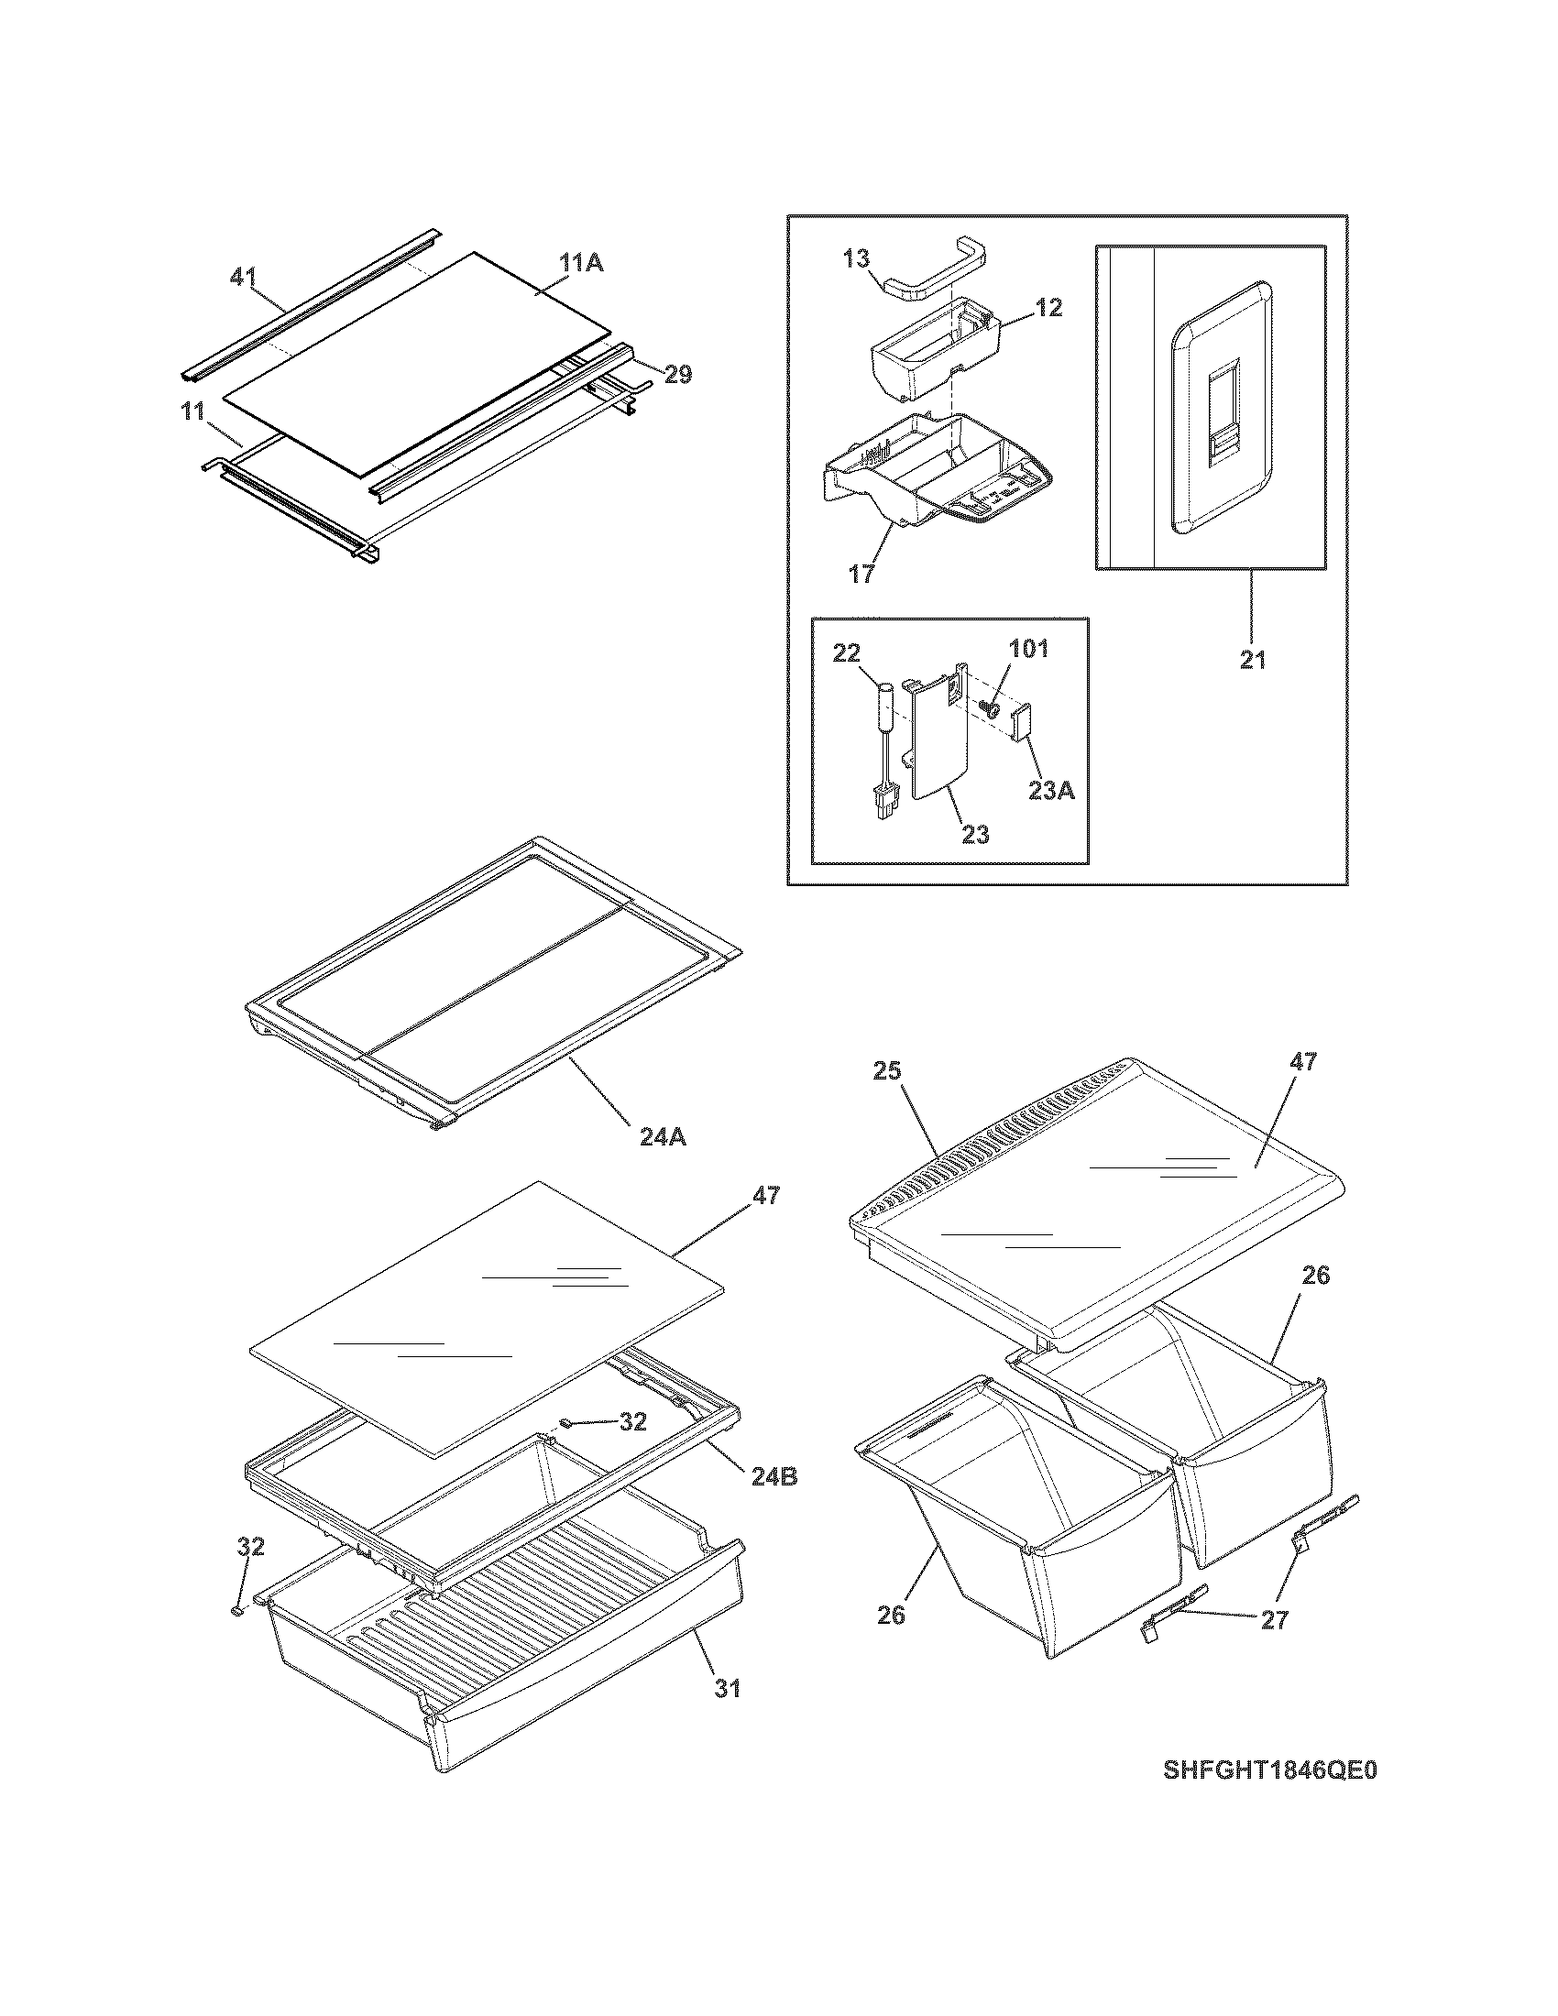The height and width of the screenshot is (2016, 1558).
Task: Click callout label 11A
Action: coord(580,263)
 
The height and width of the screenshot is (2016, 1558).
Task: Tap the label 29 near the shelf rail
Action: coord(678,374)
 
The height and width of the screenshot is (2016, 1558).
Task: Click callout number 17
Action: coord(861,574)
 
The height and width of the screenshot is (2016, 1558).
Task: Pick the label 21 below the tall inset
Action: coord(1253,660)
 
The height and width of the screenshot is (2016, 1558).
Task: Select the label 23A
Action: coord(1051,790)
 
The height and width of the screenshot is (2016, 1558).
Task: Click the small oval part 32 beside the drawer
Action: coord(238,1610)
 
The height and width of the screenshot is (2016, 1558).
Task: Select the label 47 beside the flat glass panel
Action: coord(766,1195)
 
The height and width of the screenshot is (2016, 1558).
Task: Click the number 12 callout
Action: coord(1048,308)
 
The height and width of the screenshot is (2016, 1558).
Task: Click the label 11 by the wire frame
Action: coord(192,410)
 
